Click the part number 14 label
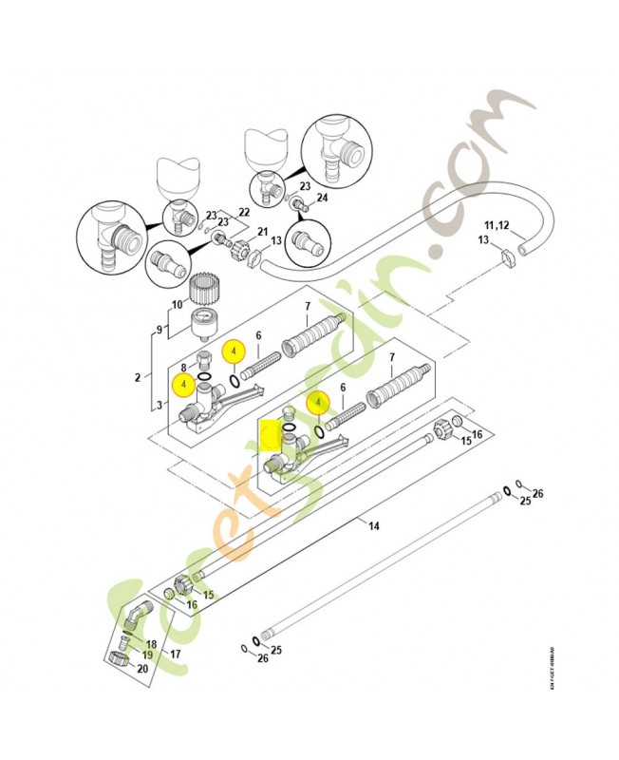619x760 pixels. click(x=373, y=526)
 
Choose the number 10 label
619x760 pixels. click(x=176, y=305)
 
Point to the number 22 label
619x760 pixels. click(x=243, y=211)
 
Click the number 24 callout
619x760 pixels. click(x=321, y=198)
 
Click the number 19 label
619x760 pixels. click(x=149, y=655)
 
